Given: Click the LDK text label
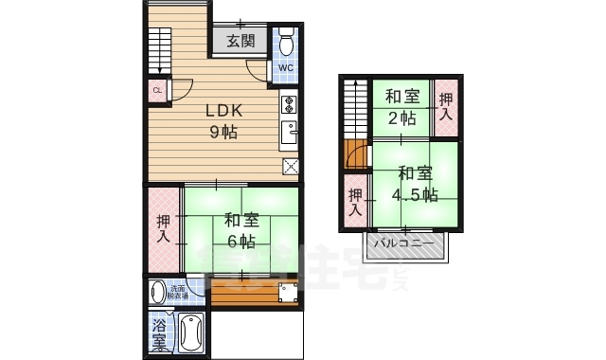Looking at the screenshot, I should click(223, 110).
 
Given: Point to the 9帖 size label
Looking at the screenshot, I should click(223, 132).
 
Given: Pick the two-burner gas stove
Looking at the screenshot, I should click(289, 104).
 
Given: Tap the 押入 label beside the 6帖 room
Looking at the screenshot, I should click(162, 229).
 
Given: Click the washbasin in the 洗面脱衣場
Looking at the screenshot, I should click(159, 292).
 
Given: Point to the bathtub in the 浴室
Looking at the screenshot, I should click(191, 333).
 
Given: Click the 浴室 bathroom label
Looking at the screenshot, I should click(158, 333).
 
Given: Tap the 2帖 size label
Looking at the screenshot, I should click(401, 118).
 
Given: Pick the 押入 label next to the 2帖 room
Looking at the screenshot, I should click(446, 106).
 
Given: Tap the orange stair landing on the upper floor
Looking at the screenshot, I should click(355, 153).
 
